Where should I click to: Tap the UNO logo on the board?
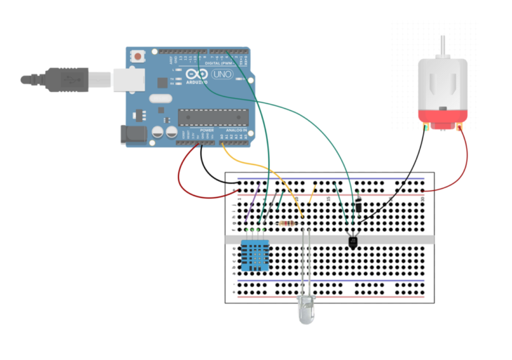(222, 74)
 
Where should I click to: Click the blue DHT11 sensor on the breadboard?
(255, 255)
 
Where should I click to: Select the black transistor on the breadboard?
(353, 241)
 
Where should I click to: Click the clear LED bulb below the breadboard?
(306, 309)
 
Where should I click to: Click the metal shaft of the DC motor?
(443, 46)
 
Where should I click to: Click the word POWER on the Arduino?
(206, 130)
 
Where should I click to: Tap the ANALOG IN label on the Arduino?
(234, 130)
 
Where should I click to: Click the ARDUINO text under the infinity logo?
(197, 82)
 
